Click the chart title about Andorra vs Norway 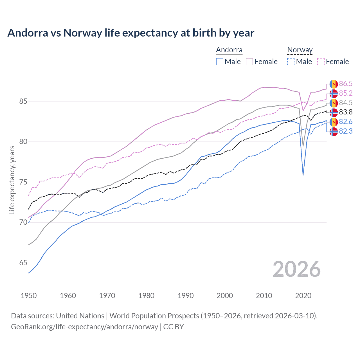pos(131,33)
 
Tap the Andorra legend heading pos(229,50)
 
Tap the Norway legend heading pos(300,50)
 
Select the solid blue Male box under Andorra pos(220,62)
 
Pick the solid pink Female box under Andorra pos(249,62)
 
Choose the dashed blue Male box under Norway pos(291,62)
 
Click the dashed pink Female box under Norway pos(321,62)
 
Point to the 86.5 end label pos(346,84)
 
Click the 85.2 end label pos(346,93)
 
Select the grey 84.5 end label pos(346,103)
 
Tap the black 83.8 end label pos(346,112)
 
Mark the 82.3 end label pos(346,131)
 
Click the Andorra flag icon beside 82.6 pos(334,122)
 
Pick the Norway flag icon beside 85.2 pos(334,93)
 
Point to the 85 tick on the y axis pos(23,101)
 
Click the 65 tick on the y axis pos(23,263)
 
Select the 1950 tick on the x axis pos(29,296)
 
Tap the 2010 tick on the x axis pos(264,296)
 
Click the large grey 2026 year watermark pos(297,269)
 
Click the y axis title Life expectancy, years pos(12,180)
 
